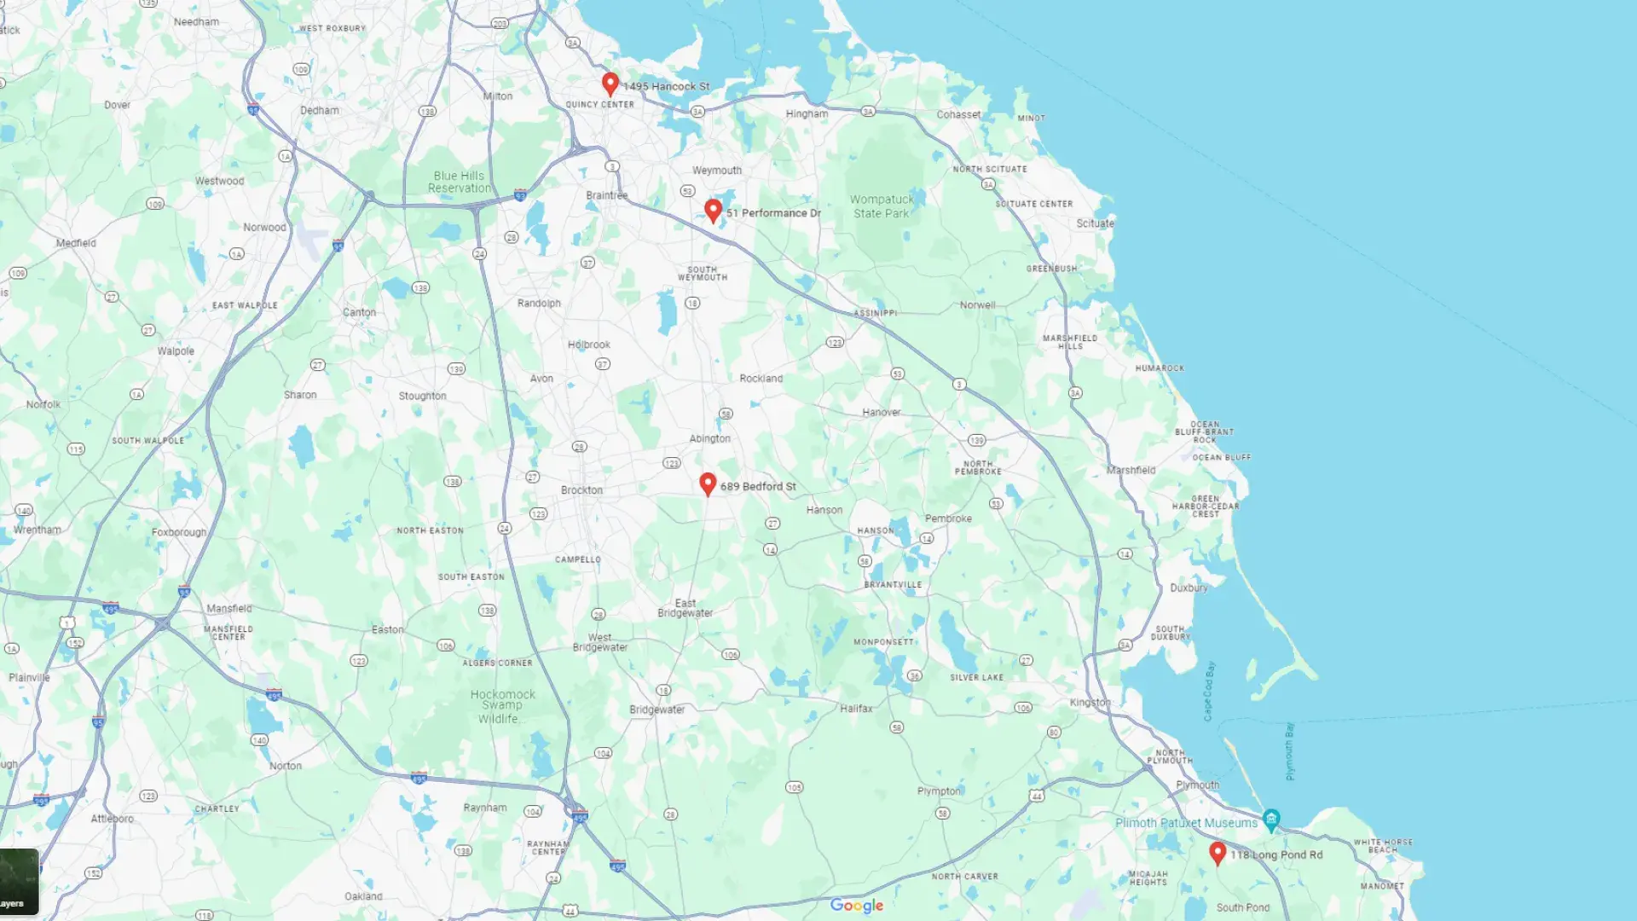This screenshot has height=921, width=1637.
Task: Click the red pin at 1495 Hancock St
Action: [x=610, y=84]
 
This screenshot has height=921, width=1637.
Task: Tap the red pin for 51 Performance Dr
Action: [x=714, y=210]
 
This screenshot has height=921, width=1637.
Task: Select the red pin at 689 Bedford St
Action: [x=708, y=484]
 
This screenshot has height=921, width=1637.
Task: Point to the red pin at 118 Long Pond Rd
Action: [x=1218, y=852]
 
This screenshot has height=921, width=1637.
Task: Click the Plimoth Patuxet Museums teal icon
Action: [x=1271, y=820]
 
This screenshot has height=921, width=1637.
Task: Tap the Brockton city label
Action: [x=581, y=490]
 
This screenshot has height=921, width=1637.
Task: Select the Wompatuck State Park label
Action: [x=882, y=206]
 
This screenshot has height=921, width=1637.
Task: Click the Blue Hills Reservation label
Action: [x=460, y=182]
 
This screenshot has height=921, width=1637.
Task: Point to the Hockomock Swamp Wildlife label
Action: [x=502, y=706]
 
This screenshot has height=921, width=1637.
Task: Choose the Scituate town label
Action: [x=1095, y=223]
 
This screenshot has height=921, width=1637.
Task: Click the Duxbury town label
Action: [x=1189, y=588]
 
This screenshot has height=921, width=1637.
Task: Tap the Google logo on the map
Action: [x=857, y=906]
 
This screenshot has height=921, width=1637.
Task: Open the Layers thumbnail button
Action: [x=19, y=881]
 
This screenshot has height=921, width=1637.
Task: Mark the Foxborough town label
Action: [x=179, y=532]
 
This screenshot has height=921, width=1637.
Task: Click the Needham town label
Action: [x=196, y=22]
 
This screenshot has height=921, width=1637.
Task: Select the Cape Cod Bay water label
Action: [x=1209, y=691]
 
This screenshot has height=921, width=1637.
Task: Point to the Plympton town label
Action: [x=939, y=791]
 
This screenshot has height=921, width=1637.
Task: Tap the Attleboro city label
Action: [x=113, y=819]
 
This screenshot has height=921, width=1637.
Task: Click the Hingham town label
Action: [x=807, y=114]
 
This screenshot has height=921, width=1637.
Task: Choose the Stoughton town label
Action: [x=422, y=396]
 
